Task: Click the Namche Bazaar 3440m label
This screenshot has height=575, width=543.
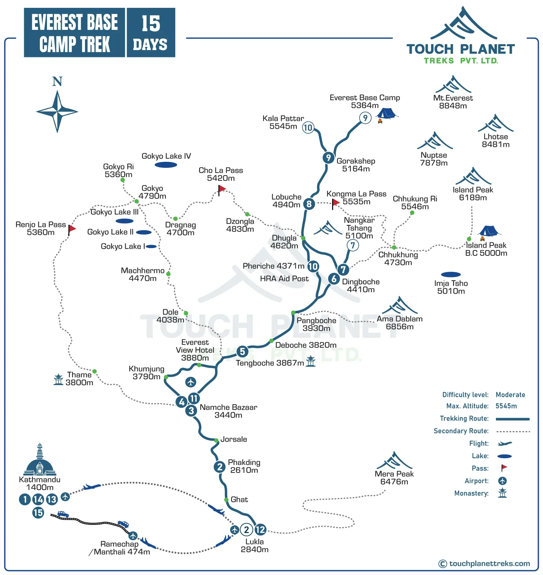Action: pyautogui.click(x=228, y=411)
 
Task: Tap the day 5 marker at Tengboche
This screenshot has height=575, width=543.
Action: pyautogui.click(x=242, y=352)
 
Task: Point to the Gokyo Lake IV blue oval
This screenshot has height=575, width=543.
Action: pyautogui.click(x=166, y=165)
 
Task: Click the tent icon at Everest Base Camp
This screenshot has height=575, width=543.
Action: pyautogui.click(x=386, y=113)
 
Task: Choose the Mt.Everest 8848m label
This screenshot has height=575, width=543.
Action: pyautogui.click(x=453, y=102)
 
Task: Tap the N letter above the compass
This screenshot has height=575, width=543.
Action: pyautogui.click(x=57, y=82)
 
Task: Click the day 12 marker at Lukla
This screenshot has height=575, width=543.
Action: pyautogui.click(x=260, y=530)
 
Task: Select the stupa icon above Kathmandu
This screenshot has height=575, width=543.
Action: pyautogui.click(x=40, y=460)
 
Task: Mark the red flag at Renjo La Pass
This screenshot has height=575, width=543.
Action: pyautogui.click(x=72, y=229)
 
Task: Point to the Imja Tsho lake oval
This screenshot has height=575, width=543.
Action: pyautogui.click(x=451, y=274)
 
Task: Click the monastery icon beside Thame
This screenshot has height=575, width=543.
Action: pyautogui.click(x=58, y=379)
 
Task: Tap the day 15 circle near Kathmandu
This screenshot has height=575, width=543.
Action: pyautogui.click(x=38, y=513)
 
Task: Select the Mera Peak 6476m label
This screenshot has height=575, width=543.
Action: pyautogui.click(x=394, y=478)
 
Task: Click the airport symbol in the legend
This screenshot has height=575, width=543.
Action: pyautogui.click(x=502, y=481)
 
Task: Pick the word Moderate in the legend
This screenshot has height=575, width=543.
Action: pyautogui.click(x=510, y=395)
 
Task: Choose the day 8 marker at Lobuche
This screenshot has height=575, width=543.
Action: pyautogui.click(x=309, y=204)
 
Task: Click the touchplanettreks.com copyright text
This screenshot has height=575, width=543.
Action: pyautogui.click(x=489, y=564)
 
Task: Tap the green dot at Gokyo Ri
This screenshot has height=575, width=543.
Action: pyautogui.click(x=122, y=180)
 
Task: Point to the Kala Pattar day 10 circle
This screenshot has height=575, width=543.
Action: pyautogui.click(x=308, y=128)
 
